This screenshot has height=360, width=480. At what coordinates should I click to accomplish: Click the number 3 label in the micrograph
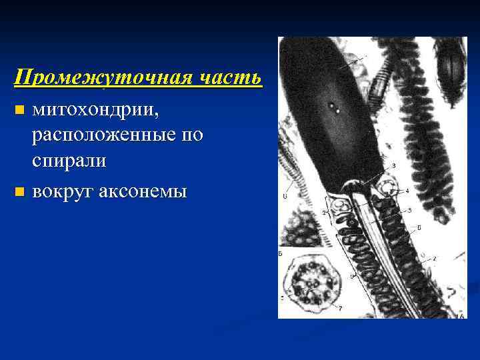pos(394,165)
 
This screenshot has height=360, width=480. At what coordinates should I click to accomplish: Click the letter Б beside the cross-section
pos(281,254)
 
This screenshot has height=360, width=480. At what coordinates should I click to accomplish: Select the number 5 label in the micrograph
pos(410,211)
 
